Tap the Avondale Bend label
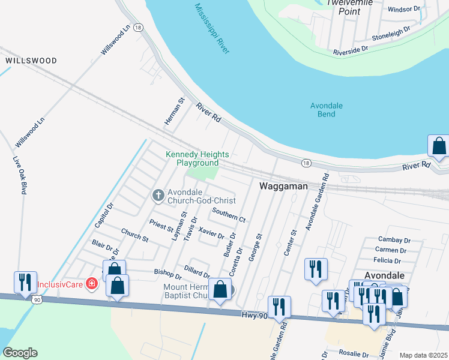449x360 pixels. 326,110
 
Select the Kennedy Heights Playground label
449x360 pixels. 192,158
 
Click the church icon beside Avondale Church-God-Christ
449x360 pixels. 158,194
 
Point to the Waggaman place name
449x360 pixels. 283,187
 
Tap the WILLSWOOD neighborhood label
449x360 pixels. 31,61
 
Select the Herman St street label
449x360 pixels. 173,112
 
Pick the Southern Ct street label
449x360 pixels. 228,214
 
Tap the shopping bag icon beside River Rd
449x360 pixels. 439,146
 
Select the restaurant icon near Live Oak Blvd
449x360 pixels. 25,281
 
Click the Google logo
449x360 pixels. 20,353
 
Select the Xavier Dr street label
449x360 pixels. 211,233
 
